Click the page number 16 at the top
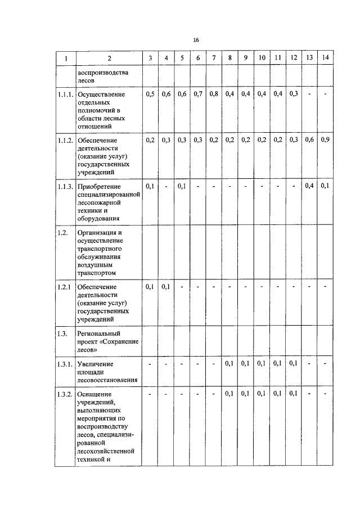tap(196, 40)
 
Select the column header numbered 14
tap(326, 58)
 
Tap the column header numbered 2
tap(109, 58)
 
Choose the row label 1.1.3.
tap(65, 186)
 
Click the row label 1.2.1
tap(64, 287)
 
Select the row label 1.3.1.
tap(65, 364)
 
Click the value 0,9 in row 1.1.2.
tap(326, 140)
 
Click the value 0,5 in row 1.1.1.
tap(150, 94)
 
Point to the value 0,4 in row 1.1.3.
tap(309, 186)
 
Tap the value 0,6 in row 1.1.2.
tap(309, 140)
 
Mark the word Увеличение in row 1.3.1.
tap(96, 364)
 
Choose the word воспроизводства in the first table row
tap(103, 73)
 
